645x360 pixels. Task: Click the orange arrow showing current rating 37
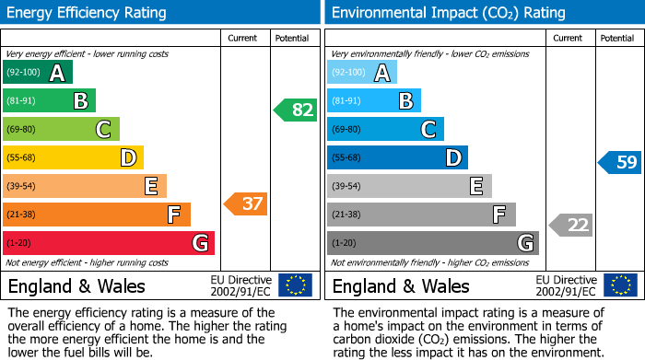[x=247, y=203]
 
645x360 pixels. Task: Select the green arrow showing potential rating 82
[x=296, y=110]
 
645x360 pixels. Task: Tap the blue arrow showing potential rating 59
[x=620, y=162]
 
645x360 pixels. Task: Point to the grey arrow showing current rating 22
[x=571, y=225]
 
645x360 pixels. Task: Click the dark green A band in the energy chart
[x=38, y=73]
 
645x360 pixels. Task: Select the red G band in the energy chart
[x=109, y=243]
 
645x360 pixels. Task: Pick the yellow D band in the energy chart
[x=73, y=158]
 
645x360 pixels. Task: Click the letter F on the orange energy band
[x=173, y=215]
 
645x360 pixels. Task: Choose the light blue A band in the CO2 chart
[x=362, y=73]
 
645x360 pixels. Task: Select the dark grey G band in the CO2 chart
[x=432, y=243]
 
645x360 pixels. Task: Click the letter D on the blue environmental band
[x=452, y=158]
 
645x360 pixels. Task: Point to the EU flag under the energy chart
[x=295, y=285]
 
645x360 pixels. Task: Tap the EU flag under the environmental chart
[x=619, y=285]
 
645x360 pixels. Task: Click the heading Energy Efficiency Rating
[x=87, y=13]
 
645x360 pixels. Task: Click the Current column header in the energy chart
[x=244, y=38]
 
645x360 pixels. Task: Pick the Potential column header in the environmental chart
[x=617, y=38]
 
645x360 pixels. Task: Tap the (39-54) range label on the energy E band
[x=22, y=187]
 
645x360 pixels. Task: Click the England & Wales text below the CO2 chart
[x=401, y=285]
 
